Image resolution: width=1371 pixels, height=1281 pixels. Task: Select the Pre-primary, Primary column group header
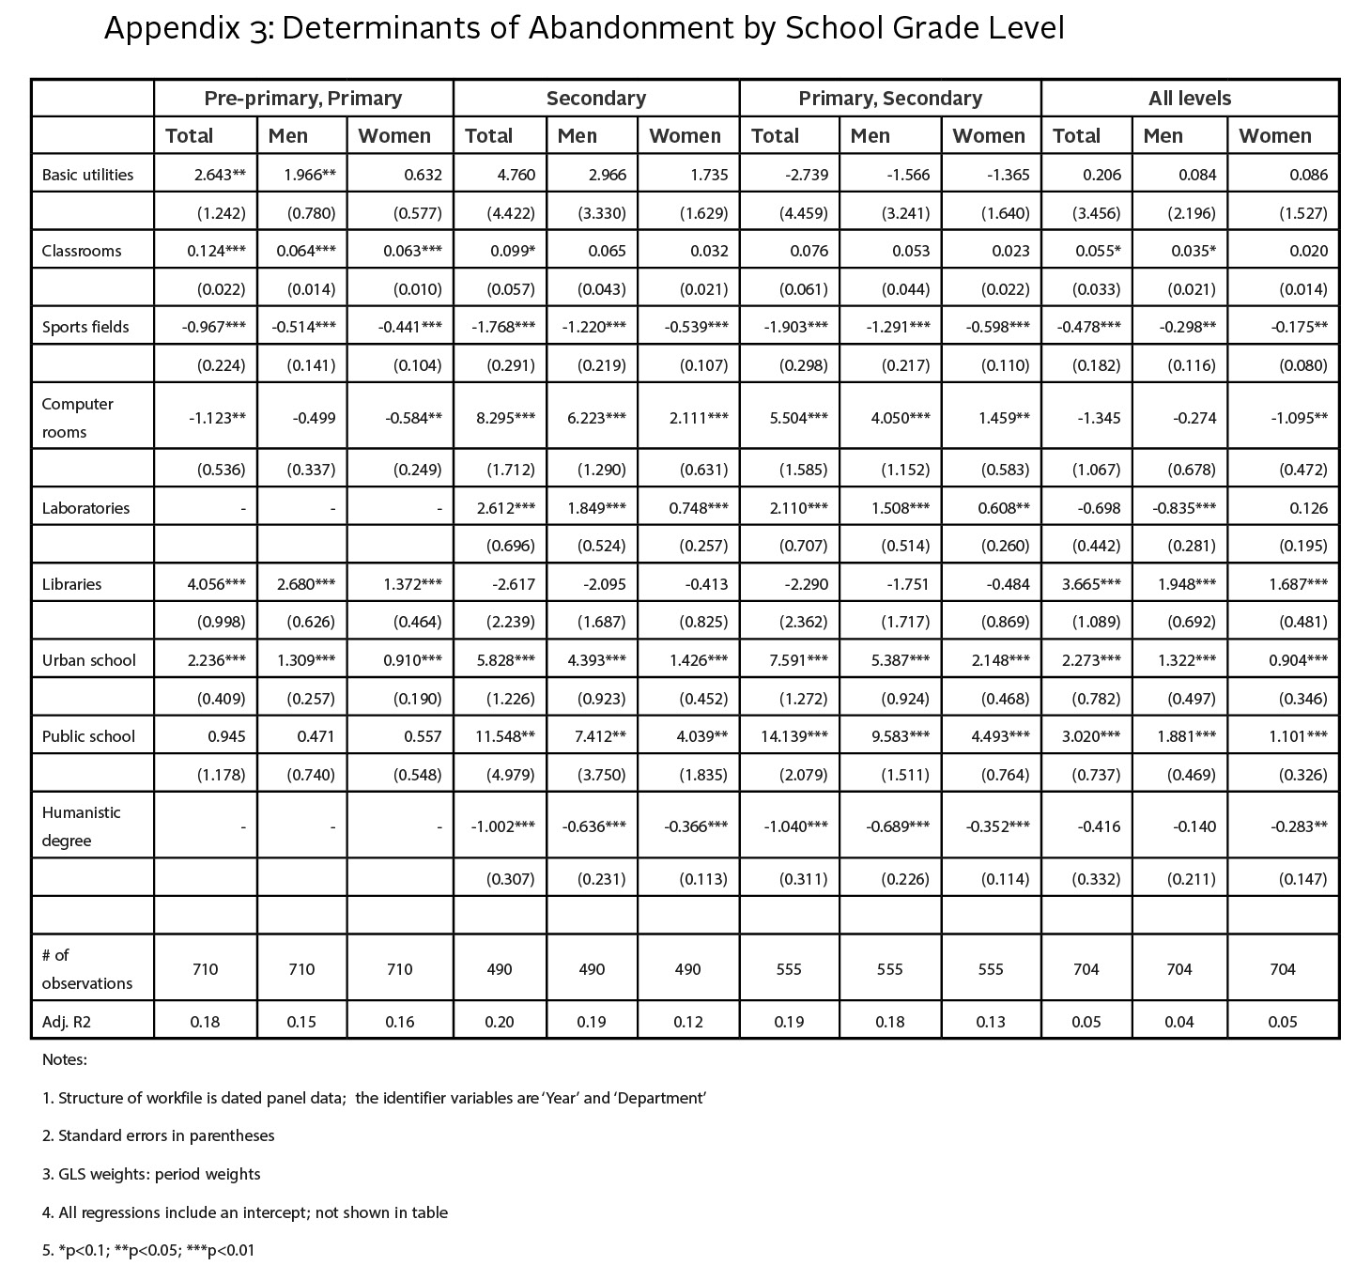[x=303, y=99]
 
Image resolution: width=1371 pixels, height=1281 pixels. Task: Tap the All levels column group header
[x=1190, y=99]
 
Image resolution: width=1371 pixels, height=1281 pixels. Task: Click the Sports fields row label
[x=86, y=327]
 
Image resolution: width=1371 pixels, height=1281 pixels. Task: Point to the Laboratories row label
[x=85, y=508]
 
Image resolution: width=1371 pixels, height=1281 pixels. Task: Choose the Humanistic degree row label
[x=82, y=826]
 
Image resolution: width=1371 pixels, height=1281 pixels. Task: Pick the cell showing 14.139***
[x=794, y=736]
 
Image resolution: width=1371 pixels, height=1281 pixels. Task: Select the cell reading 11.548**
[x=502, y=736]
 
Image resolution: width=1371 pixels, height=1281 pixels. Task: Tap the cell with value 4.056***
[x=217, y=584]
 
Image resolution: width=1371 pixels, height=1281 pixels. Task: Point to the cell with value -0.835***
[x=1184, y=508]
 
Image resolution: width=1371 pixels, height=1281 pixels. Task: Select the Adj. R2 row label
[x=65, y=1021]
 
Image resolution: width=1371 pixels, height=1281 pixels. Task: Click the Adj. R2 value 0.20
[x=500, y=1021]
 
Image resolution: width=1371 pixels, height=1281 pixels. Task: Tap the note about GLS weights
[x=151, y=1174]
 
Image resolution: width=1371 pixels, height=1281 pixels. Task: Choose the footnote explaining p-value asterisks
[x=148, y=1250]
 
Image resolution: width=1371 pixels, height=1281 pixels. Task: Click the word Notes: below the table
[x=65, y=1059]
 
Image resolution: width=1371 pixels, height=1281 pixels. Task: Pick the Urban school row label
[x=89, y=660]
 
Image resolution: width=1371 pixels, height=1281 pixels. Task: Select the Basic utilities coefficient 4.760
[x=516, y=175]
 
